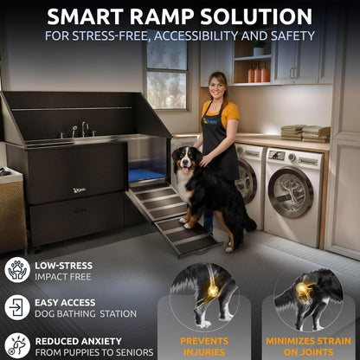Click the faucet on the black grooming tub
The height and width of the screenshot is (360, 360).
click(84, 129)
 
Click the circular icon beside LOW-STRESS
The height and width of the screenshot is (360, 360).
click(16, 269)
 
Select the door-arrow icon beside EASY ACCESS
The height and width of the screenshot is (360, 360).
click(16, 307)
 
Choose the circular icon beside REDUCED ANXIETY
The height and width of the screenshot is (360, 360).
click(16, 344)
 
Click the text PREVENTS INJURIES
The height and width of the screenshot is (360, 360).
click(205, 344)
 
